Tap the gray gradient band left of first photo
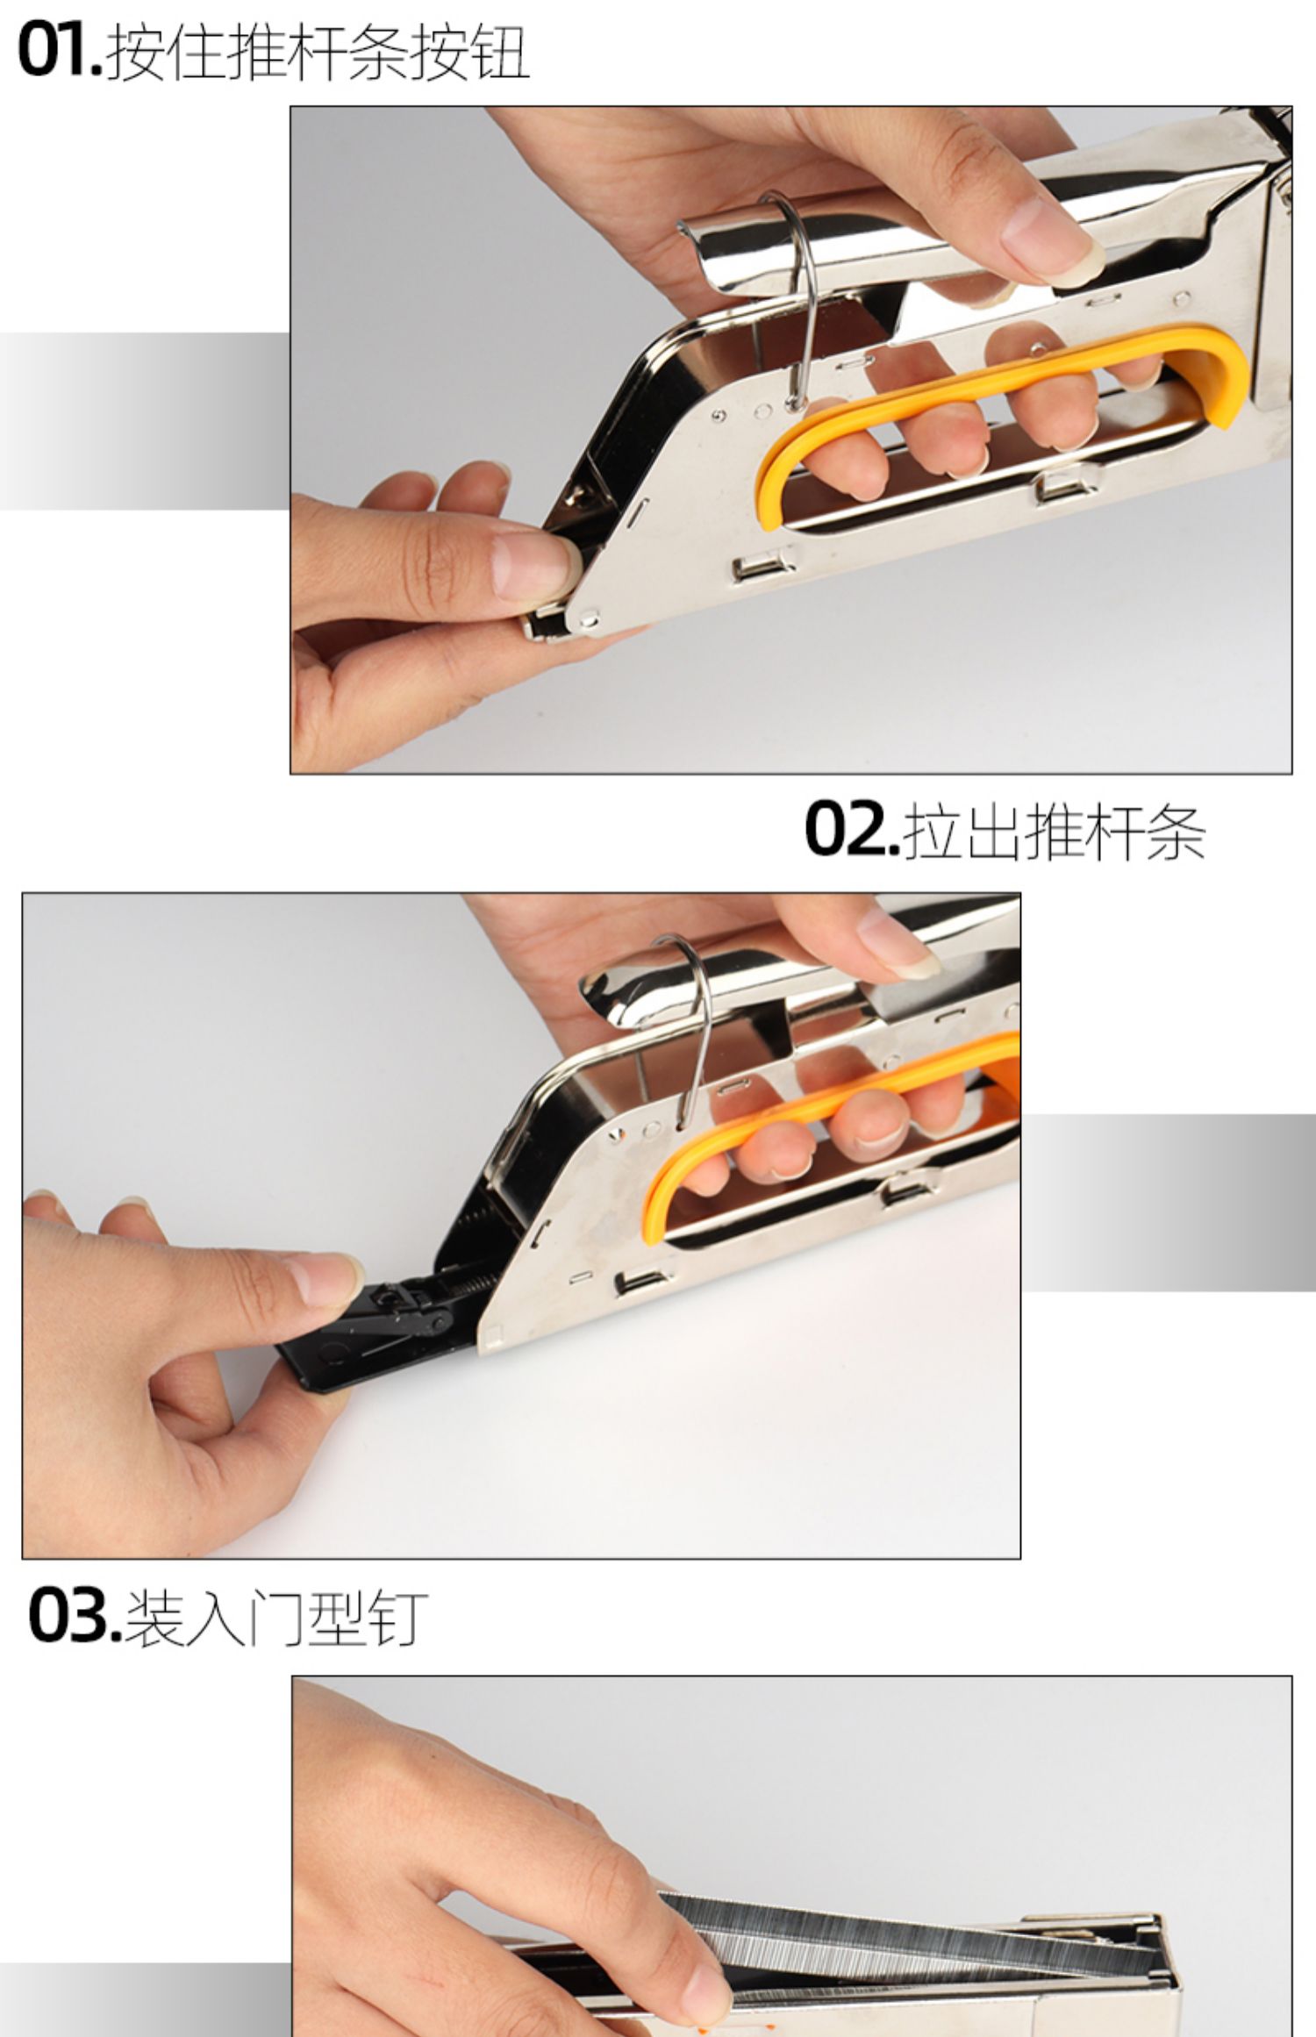click(145, 421)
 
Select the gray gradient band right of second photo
click(1168, 1202)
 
